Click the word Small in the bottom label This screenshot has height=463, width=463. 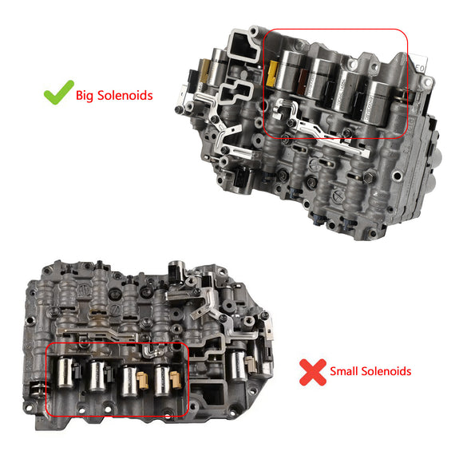click(x=345, y=370)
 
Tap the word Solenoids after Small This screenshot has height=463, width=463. click(x=386, y=370)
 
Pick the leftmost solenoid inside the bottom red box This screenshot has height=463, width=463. click(x=63, y=374)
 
